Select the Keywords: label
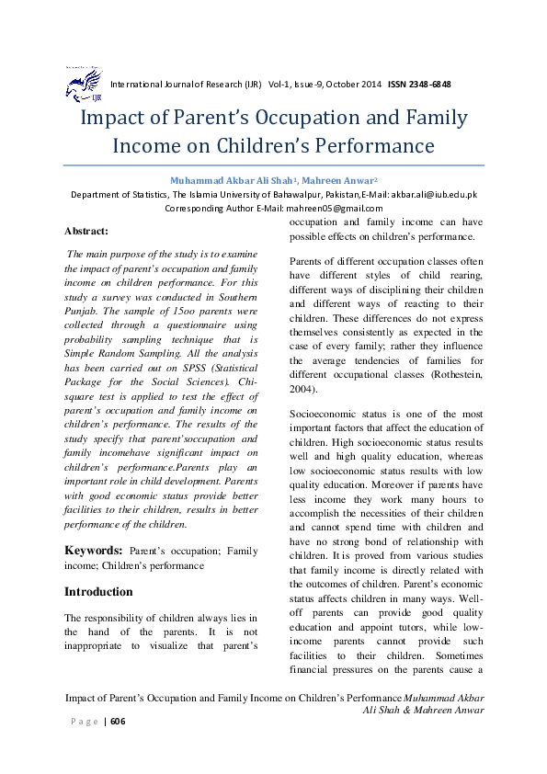[94, 551]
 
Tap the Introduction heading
[98, 591]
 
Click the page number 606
[117, 722]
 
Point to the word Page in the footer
[85, 722]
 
